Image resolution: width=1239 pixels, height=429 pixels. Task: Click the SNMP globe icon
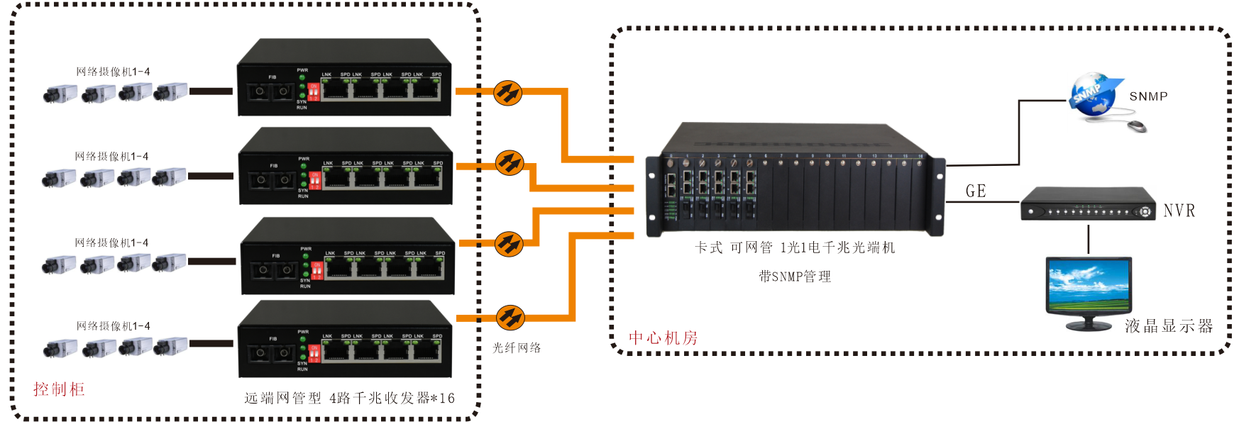point(1094,95)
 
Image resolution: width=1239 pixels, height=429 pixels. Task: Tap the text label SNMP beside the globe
point(1148,96)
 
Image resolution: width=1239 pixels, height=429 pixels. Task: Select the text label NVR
point(1179,211)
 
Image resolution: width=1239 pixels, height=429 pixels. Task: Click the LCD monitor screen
point(1089,286)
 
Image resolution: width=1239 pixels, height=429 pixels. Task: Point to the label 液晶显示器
point(1169,326)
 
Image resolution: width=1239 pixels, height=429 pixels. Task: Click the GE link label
point(976,191)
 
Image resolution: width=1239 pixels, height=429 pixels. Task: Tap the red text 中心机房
point(663,338)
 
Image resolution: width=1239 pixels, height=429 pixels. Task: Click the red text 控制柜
point(59,389)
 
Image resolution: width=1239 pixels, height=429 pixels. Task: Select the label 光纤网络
point(517,348)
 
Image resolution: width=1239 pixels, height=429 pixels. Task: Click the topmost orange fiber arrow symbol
point(507,93)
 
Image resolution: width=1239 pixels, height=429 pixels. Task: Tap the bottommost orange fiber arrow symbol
point(510,318)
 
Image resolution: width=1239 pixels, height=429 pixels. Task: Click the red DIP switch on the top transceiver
point(313,92)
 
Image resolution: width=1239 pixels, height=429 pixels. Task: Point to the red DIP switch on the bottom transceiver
point(314,353)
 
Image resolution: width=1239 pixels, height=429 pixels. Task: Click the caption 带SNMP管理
point(795,277)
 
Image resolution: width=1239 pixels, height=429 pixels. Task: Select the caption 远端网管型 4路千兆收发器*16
point(349,399)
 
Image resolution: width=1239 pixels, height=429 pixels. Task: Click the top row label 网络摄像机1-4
point(113,72)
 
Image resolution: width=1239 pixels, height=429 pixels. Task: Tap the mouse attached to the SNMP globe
point(1137,126)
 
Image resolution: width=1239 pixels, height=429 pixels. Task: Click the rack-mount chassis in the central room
point(795,181)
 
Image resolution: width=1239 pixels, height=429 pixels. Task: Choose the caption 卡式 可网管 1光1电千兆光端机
point(795,247)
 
